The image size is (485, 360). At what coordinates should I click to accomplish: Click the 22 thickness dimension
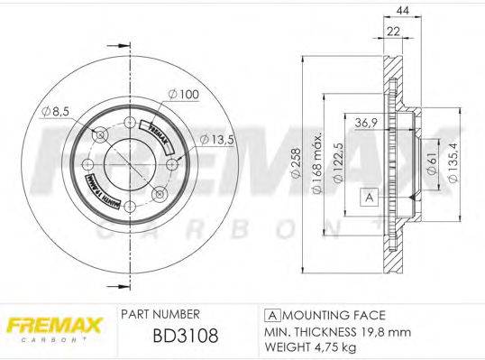(x=393, y=32)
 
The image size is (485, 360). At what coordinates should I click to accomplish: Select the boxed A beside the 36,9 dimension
(x=368, y=196)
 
